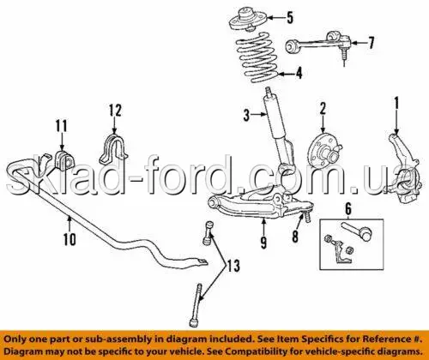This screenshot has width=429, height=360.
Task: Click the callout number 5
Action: click(x=290, y=18)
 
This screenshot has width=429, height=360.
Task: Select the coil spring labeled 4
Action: click(x=257, y=58)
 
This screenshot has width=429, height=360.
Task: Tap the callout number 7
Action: click(x=371, y=43)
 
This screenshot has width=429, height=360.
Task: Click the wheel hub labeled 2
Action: click(x=324, y=150)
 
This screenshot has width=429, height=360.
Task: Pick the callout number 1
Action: click(x=396, y=103)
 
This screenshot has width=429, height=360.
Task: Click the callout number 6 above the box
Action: click(x=348, y=209)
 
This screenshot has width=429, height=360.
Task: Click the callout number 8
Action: click(x=295, y=236)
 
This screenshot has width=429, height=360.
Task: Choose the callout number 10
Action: click(x=69, y=239)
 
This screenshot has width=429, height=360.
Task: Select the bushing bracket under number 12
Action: click(x=113, y=152)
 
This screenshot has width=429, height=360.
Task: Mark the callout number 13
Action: click(x=233, y=266)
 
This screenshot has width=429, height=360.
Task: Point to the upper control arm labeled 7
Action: click(x=318, y=45)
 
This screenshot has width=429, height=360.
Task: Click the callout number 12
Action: click(x=115, y=111)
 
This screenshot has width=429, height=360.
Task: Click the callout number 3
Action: click(x=246, y=116)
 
